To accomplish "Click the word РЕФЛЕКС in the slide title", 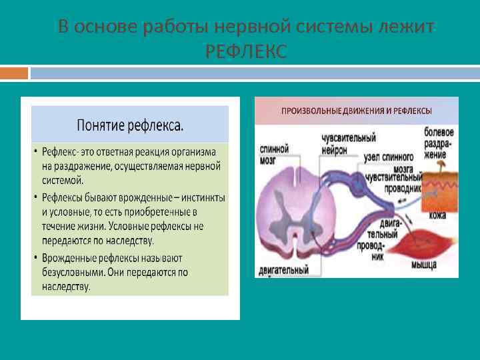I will [x=246, y=51].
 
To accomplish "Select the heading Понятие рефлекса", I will [x=131, y=125].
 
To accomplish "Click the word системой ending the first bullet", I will [x=63, y=180].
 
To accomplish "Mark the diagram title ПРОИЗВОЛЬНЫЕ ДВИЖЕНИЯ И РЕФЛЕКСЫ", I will [x=356, y=111].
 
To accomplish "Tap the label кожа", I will [x=437, y=215].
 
